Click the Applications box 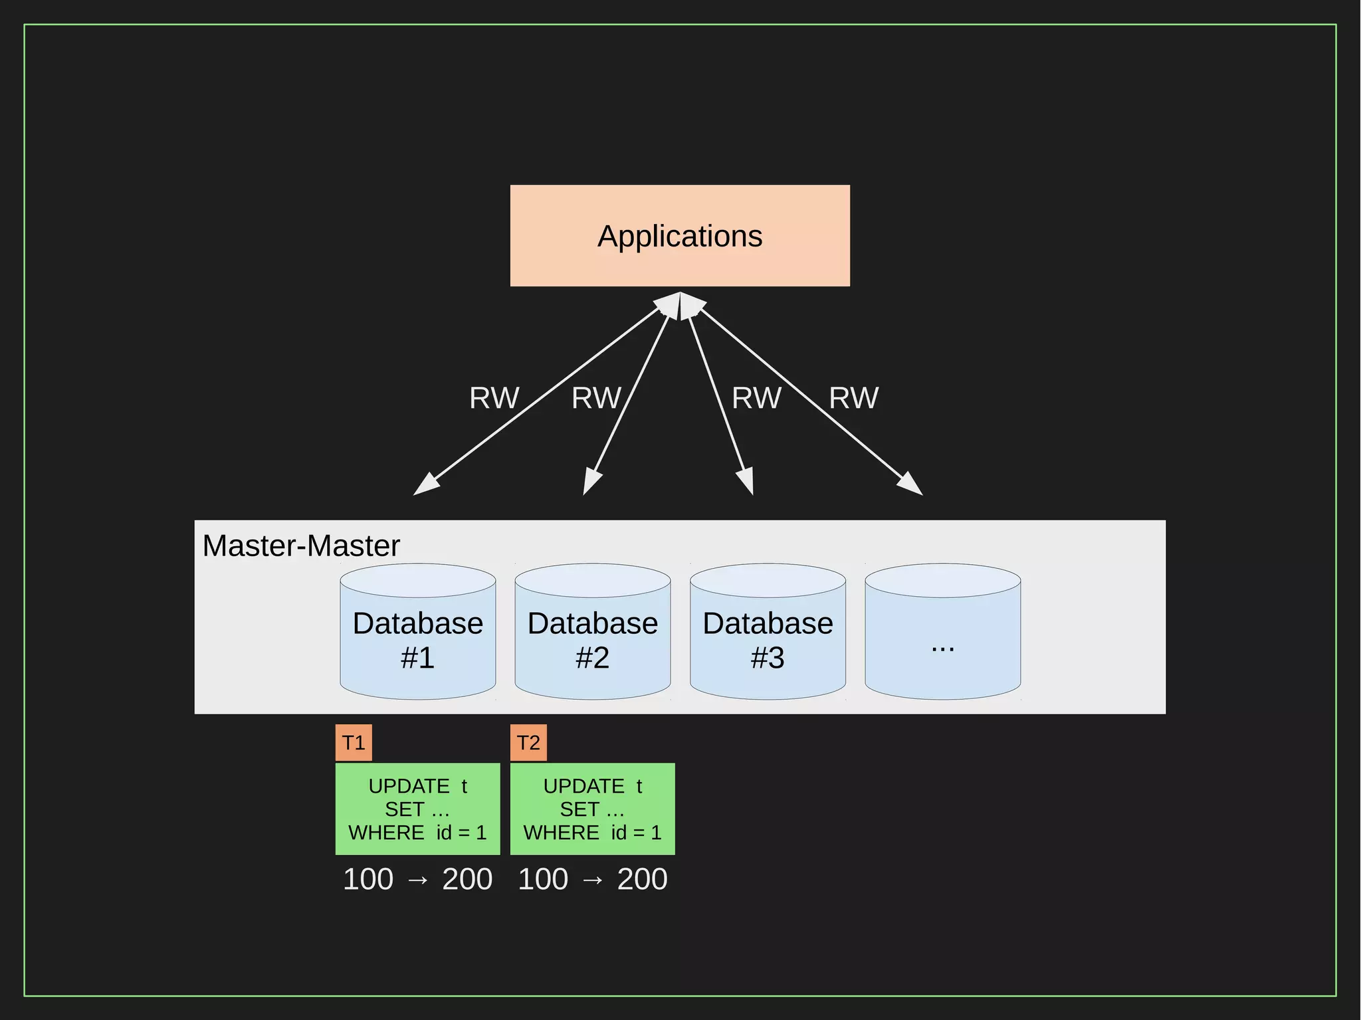(680, 236)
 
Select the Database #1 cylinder (417, 638)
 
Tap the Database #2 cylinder (592, 638)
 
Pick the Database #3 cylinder (768, 638)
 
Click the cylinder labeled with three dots (942, 638)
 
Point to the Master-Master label (301, 546)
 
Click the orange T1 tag (354, 742)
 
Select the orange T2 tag (528, 742)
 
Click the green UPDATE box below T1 (417, 809)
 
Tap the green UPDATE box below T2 (592, 809)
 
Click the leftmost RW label (494, 398)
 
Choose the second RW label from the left (596, 398)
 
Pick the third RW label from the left (756, 398)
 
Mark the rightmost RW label (854, 398)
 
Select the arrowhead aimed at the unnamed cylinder (911, 485)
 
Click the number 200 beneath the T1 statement (467, 879)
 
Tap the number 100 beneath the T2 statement (543, 879)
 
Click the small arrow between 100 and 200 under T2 (593, 880)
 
